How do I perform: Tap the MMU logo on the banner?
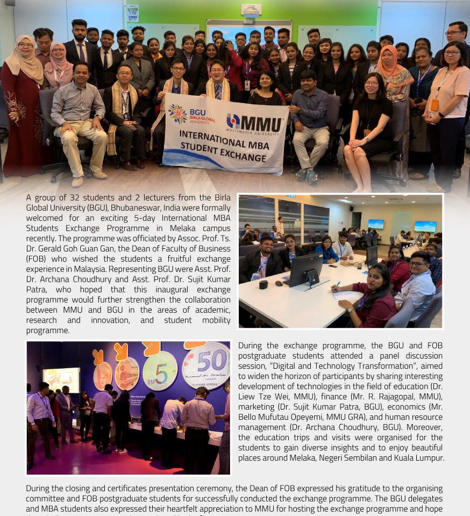(x=254, y=123)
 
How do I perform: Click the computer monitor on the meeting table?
(x=306, y=269)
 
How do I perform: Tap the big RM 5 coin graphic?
(x=160, y=370)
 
